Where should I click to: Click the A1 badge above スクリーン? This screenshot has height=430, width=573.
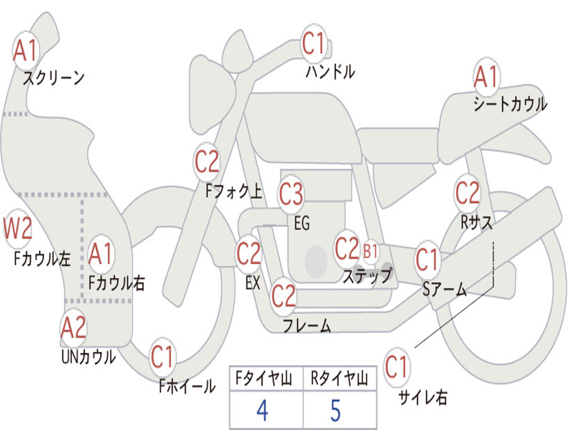click(x=25, y=51)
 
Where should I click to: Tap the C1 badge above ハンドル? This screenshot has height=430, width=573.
click(x=313, y=43)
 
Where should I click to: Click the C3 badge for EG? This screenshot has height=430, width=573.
click(x=291, y=194)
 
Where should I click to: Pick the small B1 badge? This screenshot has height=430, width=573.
click(x=370, y=251)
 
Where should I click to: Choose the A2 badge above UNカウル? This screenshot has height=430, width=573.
click(x=73, y=328)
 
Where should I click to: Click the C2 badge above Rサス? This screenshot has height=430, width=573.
click(x=467, y=193)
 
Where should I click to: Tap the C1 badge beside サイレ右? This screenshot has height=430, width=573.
click(x=396, y=368)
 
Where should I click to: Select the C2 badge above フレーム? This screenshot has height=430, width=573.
click(x=283, y=295)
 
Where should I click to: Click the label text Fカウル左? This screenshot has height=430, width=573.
click(x=43, y=259)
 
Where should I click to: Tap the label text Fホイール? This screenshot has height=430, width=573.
click(x=187, y=386)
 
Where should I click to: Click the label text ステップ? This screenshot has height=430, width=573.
click(x=368, y=275)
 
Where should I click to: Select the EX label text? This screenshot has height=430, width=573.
click(x=253, y=283)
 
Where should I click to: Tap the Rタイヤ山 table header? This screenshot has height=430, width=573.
click(x=339, y=380)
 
